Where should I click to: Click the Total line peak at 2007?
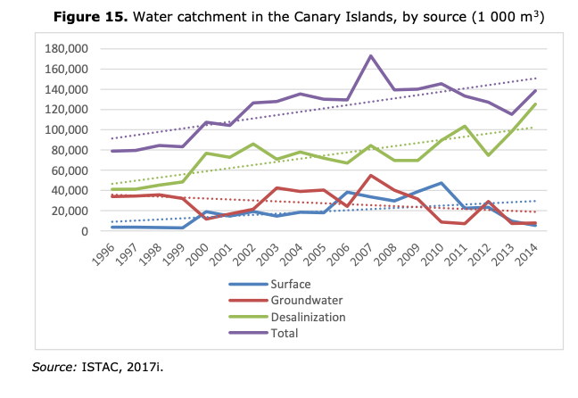coord(370,56)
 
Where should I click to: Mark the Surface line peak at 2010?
coord(441,183)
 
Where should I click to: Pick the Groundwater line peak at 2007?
coord(370,176)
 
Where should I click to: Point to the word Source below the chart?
coord(53,365)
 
